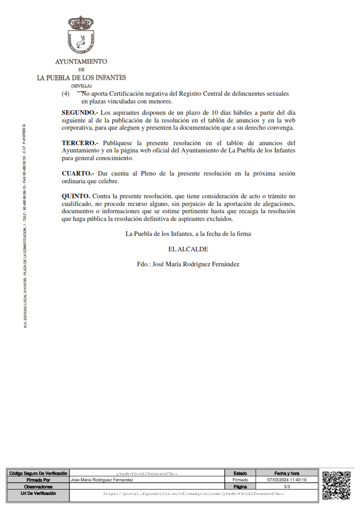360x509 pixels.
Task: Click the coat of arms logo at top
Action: point(81,34)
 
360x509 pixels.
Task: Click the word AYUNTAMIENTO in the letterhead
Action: point(81,61)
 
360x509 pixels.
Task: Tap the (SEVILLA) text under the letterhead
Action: point(81,86)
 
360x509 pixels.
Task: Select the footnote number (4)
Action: point(65,94)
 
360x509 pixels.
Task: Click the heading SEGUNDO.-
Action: point(80,112)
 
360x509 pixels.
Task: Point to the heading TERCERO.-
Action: point(80,143)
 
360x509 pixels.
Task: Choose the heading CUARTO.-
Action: point(78,173)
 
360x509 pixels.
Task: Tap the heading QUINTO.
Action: point(76,196)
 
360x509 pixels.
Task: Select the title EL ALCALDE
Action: point(188,249)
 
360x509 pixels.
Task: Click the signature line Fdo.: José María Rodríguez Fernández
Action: point(188,264)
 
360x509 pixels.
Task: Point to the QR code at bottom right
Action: point(336,485)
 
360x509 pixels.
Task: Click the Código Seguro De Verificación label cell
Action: point(38,473)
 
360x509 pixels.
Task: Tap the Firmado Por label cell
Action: point(38,480)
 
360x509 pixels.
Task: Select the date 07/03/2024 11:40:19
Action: point(286,480)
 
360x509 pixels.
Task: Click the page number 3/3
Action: point(286,486)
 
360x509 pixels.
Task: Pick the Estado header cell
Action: point(240,473)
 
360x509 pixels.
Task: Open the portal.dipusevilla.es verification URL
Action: point(193,494)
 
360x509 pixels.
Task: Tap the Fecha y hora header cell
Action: point(286,473)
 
